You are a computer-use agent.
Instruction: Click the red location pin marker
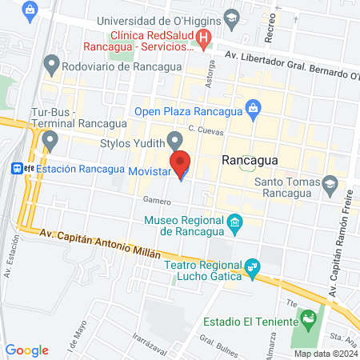tap(181, 162)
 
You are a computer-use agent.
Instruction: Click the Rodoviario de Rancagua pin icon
tap(53, 63)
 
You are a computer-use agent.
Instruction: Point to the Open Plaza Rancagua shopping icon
tap(252, 106)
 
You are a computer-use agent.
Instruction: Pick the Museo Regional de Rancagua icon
tap(234, 222)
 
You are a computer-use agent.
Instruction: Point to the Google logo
tap(27, 350)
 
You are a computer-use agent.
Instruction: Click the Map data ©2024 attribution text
tap(325, 353)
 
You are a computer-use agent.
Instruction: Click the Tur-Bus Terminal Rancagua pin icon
tap(51, 141)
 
